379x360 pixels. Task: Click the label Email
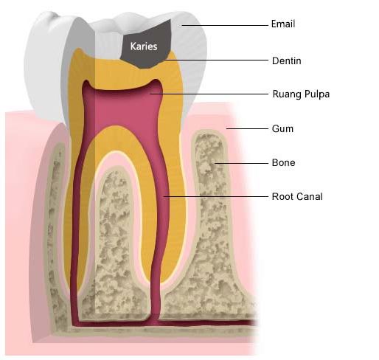pos(283,24)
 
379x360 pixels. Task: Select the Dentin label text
pos(286,60)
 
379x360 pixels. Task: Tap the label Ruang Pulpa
pos(301,94)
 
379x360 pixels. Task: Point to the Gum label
pos(282,128)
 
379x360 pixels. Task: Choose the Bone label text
pos(284,162)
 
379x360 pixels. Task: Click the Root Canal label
pos(297,197)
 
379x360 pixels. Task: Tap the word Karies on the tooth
pos(143,46)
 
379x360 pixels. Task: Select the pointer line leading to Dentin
pos(221,60)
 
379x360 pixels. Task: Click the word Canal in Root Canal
pos(310,197)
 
